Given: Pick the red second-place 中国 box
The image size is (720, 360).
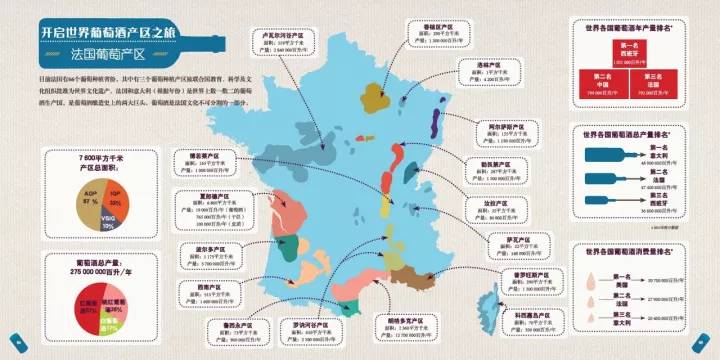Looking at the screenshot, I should point(599,81).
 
